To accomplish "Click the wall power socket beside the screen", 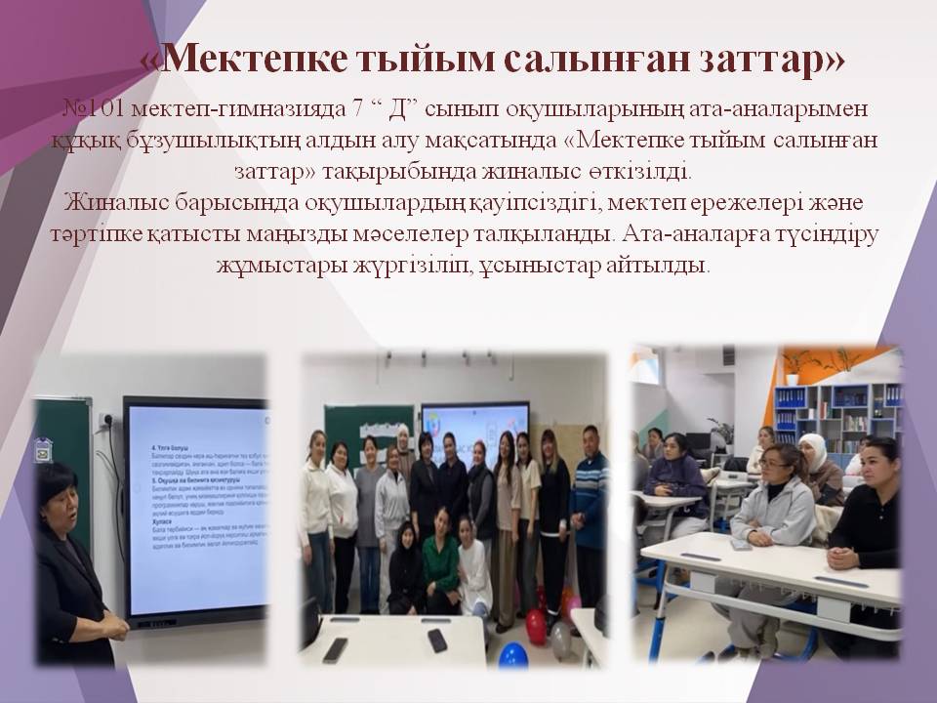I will (105, 420).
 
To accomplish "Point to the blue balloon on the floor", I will (513, 653).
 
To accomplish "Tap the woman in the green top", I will (440, 563).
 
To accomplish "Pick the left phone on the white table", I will (334, 648).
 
